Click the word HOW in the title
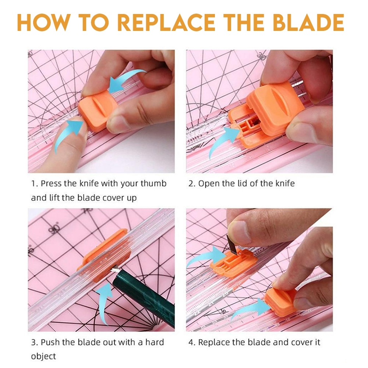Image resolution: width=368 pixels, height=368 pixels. (44, 22)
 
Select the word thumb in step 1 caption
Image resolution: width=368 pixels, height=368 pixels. (153, 183)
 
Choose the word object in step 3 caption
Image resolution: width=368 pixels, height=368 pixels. (43, 357)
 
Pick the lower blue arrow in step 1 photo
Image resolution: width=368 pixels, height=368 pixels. (67, 134)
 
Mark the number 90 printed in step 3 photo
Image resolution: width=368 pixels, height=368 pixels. (55, 229)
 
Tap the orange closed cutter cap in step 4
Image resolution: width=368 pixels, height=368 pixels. (281, 301)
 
